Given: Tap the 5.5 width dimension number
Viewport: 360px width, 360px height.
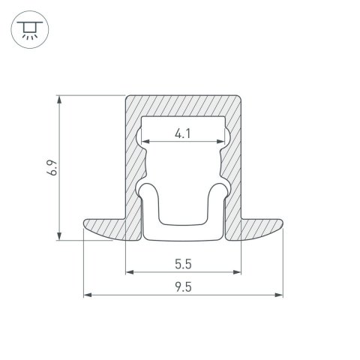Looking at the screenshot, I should click(x=182, y=264).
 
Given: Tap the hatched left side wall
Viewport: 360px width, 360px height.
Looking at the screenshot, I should click(x=132, y=165).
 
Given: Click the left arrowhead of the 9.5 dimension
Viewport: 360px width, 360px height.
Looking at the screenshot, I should click(x=85, y=295).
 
